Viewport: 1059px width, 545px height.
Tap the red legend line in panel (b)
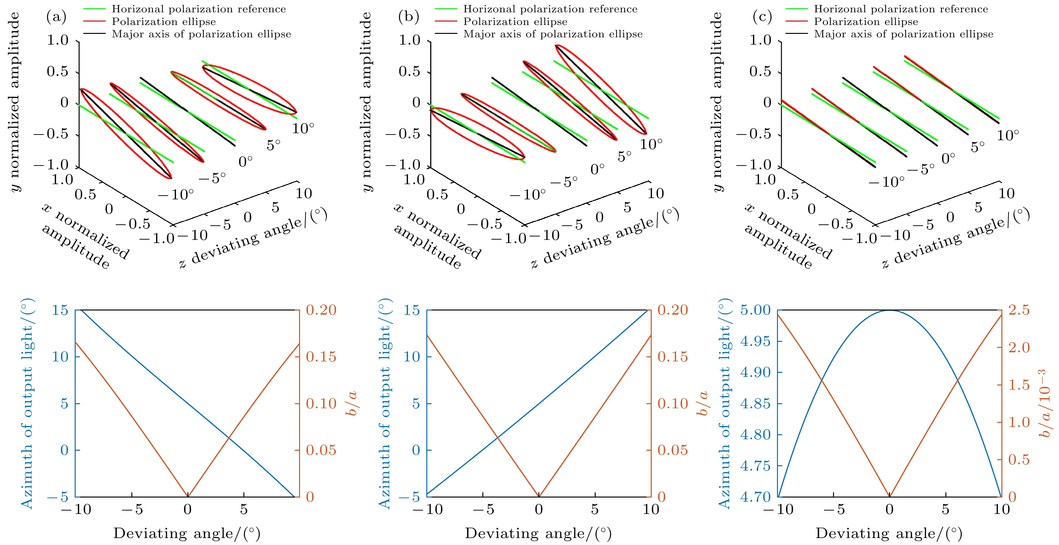click(446, 22)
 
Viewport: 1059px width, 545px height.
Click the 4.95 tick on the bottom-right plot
click(755, 341)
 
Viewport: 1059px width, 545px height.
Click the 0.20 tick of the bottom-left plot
click(321, 310)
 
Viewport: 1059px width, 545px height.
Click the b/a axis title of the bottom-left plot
click(352, 404)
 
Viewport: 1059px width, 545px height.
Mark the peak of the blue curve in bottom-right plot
click(890, 310)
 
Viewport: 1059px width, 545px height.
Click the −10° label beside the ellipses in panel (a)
click(176, 194)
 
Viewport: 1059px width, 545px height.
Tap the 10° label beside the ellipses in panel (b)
click(651, 144)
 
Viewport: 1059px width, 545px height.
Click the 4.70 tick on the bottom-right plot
click(755, 497)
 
